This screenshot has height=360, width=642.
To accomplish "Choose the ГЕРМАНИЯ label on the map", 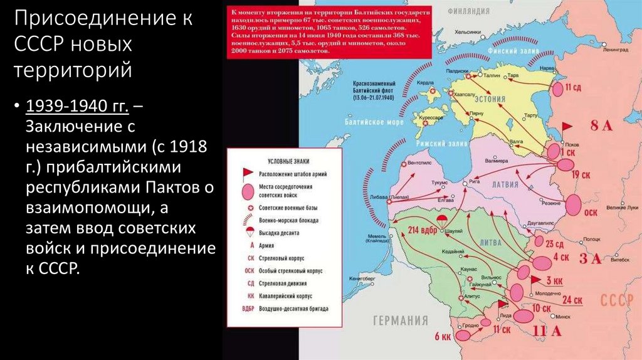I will tap(401, 320).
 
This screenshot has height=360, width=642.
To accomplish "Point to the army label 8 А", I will tap(601, 126).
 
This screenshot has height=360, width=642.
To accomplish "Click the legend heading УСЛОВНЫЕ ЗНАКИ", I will tap(285, 160).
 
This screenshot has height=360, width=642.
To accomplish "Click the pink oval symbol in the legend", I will tap(248, 190).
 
